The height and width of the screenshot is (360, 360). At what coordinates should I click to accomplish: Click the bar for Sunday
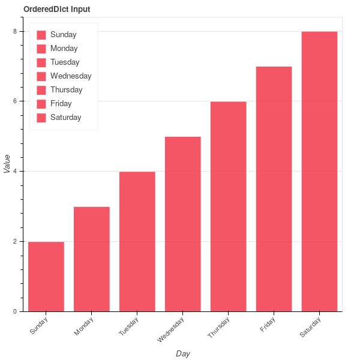(x=46, y=277)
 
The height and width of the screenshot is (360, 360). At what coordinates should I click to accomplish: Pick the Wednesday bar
(x=183, y=224)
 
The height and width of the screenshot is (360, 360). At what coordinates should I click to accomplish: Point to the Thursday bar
(x=229, y=206)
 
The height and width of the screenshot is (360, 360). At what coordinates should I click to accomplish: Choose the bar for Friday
(x=274, y=189)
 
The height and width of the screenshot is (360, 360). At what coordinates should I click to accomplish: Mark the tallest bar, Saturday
(x=320, y=172)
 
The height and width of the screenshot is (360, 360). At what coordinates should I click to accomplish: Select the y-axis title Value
(x=7, y=164)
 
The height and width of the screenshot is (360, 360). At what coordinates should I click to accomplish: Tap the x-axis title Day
(x=183, y=353)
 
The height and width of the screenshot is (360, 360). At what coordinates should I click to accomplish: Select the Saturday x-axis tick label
(x=309, y=328)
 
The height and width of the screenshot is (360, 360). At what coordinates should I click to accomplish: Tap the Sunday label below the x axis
(x=38, y=326)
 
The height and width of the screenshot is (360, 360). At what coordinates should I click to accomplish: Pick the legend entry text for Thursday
(x=67, y=90)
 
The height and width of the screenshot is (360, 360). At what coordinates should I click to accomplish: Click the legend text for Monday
(x=64, y=49)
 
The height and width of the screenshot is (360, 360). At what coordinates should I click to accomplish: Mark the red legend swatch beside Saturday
(x=41, y=118)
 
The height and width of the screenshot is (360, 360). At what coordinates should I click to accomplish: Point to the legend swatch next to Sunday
(x=41, y=35)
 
